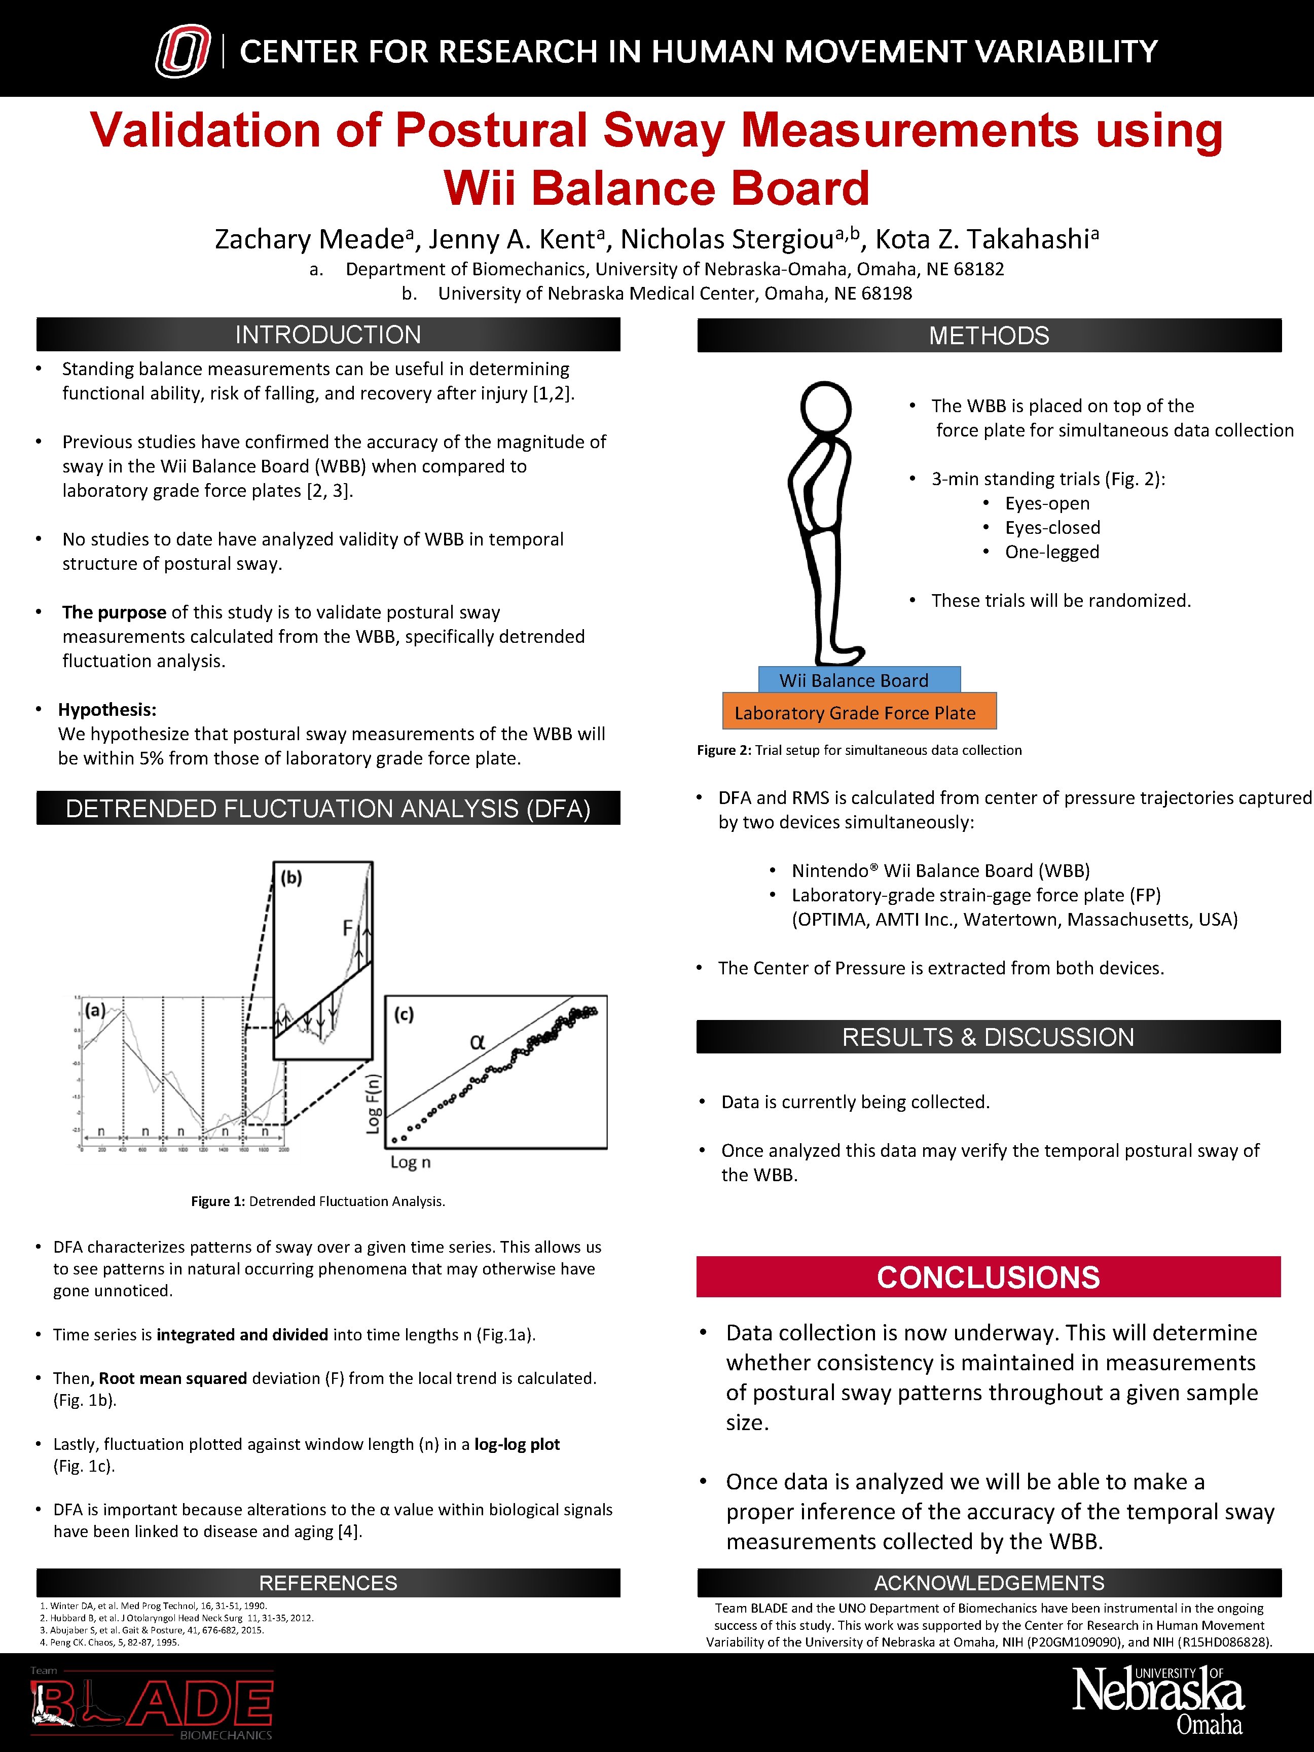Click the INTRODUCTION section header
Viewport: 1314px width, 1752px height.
coord(328,335)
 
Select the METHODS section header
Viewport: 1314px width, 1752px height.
coord(989,336)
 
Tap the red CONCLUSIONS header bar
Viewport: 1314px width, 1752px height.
coord(988,1277)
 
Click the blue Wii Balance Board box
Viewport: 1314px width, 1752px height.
coord(859,680)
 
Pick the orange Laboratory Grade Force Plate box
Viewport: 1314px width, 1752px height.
coord(859,712)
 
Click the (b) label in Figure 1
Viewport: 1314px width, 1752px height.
coord(291,878)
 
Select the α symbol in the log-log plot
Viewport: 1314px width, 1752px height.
coord(477,1042)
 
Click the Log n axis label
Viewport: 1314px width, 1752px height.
coord(410,1162)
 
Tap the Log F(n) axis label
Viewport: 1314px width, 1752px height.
coord(373,1103)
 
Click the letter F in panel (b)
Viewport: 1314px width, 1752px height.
coord(347,927)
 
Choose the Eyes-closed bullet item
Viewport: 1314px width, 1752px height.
coord(1052,528)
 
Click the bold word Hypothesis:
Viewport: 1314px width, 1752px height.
coord(107,710)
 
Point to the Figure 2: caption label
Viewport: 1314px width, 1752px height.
coord(723,750)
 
